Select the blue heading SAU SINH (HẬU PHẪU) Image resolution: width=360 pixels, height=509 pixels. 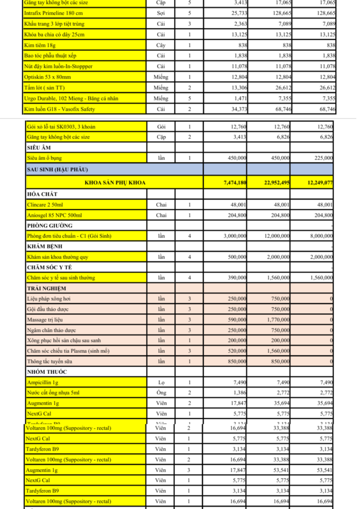[x=57, y=170]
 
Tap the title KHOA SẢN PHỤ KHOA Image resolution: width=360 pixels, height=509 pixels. [x=115, y=183]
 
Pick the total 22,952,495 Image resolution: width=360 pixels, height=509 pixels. [x=276, y=183]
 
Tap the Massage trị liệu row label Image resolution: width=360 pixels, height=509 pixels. [x=48, y=320]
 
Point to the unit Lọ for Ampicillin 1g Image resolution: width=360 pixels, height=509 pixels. [x=161, y=382]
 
